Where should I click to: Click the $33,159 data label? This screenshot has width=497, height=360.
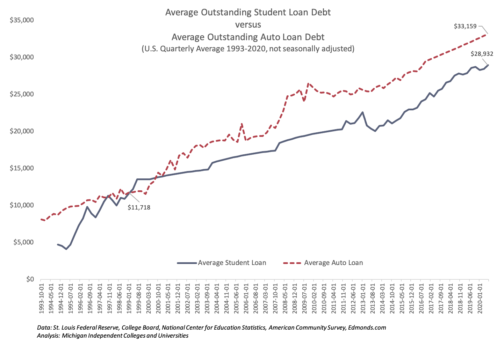465,26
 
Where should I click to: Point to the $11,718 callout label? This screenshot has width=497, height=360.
139,207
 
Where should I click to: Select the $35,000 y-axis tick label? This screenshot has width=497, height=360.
22,20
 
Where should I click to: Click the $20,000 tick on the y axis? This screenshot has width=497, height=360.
22,131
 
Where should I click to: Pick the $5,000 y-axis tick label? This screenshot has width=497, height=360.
23,242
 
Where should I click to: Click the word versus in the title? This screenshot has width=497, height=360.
248,25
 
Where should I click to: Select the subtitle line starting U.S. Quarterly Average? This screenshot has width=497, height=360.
248,49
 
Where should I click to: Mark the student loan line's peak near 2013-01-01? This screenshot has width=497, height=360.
362,112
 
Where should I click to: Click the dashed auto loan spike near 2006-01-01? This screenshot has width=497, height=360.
242,124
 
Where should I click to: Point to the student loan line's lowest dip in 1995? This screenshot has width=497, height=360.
66,249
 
